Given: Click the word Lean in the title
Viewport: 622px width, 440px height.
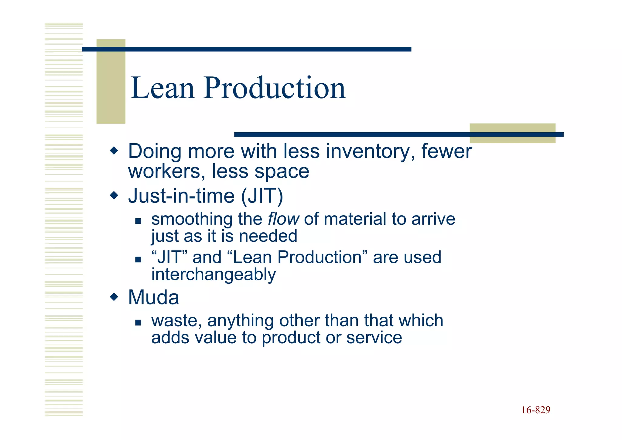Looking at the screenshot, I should point(162,88).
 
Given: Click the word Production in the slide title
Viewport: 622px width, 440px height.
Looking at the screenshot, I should point(275,88).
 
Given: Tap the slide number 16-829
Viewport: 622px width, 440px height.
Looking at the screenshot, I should point(536,410).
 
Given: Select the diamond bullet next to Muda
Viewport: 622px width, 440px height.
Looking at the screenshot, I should point(114,297).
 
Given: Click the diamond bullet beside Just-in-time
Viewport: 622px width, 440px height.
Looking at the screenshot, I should point(114,195).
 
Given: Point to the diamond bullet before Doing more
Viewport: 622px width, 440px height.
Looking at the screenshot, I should point(114,151).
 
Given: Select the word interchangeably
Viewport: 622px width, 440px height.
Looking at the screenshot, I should point(214,275).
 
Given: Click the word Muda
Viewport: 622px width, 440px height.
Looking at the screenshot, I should point(153,297).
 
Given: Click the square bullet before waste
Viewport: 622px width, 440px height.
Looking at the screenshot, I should point(138,323).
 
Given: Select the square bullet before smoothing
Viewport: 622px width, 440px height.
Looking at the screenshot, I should point(138,221).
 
